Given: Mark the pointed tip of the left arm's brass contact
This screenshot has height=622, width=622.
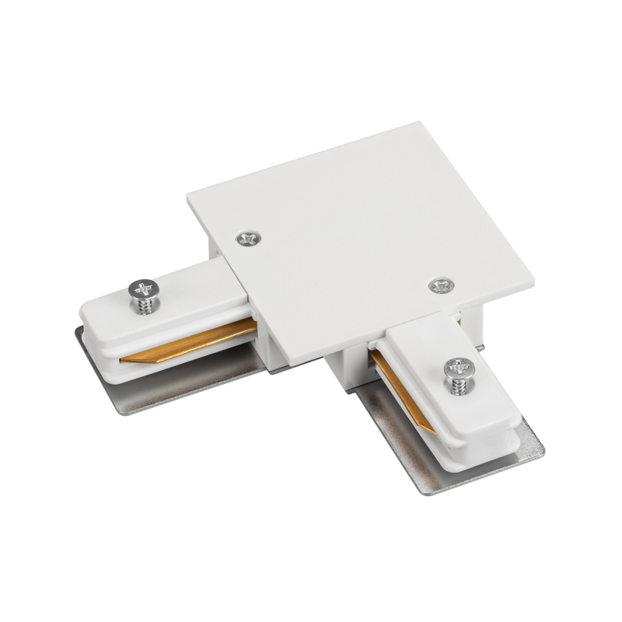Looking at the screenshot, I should (x=124, y=360).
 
